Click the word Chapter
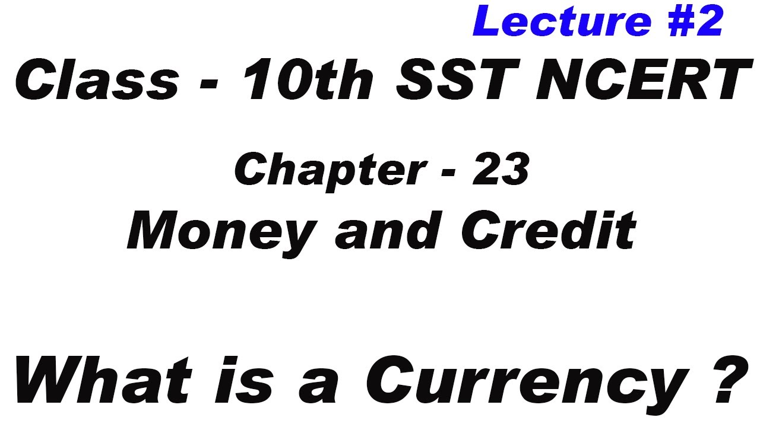[x=329, y=170]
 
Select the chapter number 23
[x=502, y=170]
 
